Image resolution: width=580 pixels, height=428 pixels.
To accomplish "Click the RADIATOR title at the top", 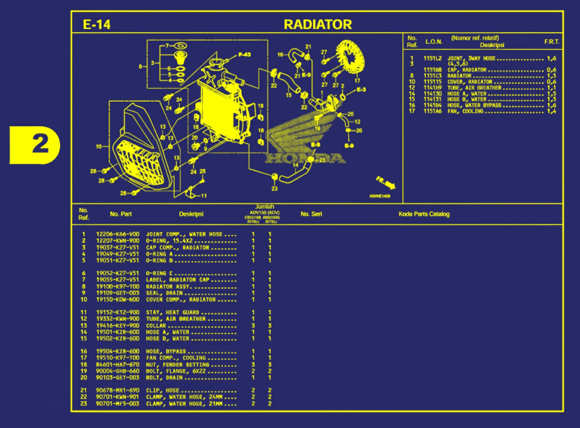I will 318,25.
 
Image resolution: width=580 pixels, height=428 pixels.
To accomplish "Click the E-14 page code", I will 96,25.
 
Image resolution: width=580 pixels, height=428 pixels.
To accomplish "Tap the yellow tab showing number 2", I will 35,145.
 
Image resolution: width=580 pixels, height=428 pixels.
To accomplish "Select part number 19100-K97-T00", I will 117,286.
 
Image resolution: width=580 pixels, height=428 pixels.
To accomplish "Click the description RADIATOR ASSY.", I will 168,286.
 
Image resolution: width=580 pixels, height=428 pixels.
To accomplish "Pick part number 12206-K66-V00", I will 117,234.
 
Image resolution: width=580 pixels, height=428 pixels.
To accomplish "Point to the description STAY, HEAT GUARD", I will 173,312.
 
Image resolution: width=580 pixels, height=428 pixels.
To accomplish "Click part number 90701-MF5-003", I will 117,403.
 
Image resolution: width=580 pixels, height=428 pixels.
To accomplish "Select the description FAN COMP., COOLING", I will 176,358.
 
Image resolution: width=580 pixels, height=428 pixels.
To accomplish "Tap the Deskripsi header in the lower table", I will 191,214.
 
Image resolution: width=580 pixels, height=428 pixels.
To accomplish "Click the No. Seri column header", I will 311,214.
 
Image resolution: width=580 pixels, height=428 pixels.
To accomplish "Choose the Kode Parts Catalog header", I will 424,214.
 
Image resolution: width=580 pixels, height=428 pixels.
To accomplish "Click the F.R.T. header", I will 552,42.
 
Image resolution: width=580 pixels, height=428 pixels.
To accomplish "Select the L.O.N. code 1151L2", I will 432,58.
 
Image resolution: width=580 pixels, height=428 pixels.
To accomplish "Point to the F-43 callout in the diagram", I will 244,55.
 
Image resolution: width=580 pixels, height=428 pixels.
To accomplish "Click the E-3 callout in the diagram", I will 361,90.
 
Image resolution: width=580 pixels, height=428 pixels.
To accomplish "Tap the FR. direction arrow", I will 386,183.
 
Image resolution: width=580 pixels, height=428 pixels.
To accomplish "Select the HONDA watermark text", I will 306,158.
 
